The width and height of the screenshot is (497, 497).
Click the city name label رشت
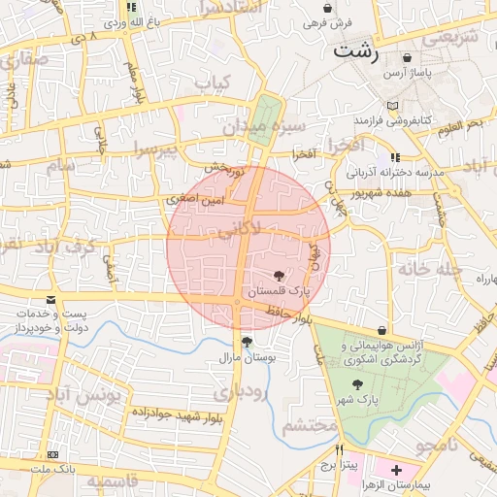[356, 52]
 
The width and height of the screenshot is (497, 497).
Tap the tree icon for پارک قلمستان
[280, 276]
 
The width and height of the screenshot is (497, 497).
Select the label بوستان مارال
[248, 358]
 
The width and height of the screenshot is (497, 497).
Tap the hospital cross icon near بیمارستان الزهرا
[396, 470]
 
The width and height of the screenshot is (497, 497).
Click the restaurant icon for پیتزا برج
[340, 449]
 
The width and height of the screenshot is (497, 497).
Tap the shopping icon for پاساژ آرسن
[418, 57]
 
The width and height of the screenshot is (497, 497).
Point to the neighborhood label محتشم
[310, 425]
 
